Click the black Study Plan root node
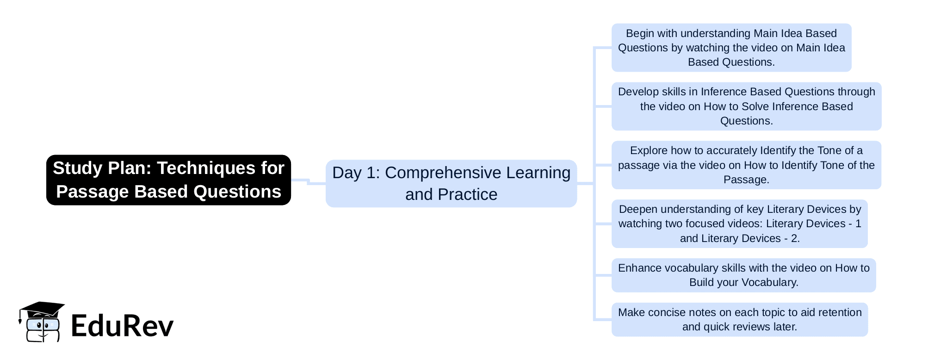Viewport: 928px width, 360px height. [x=168, y=180]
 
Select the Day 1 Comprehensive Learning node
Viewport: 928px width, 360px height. [x=451, y=183]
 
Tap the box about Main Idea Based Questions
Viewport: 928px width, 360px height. [x=731, y=48]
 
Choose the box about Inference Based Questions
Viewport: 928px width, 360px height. [x=746, y=106]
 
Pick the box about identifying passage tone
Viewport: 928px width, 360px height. [x=746, y=165]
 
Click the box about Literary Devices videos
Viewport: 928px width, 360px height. [x=739, y=224]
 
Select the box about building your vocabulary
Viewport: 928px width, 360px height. [x=743, y=275]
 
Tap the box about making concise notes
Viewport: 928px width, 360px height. [x=739, y=320]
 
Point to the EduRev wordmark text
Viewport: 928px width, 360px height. [x=122, y=325]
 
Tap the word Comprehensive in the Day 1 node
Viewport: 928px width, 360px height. [x=443, y=173]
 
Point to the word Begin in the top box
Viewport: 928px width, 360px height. [x=639, y=34]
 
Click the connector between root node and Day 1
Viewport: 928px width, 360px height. [x=308, y=182]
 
